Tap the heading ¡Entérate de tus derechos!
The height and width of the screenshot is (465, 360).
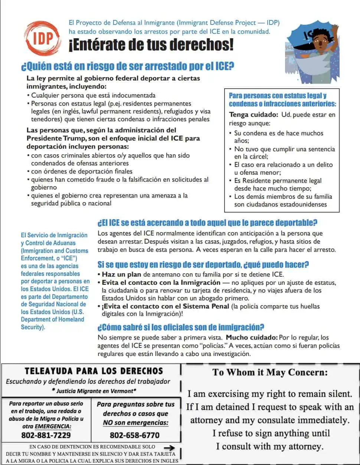[x=151, y=45]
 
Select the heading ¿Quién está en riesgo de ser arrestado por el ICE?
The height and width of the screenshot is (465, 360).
[x=128, y=67]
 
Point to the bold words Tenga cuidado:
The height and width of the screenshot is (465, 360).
[x=253, y=115]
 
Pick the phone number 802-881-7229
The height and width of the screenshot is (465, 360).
[x=46, y=435]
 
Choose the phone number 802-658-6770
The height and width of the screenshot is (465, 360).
[x=134, y=435]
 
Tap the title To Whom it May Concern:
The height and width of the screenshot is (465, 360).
[x=270, y=372]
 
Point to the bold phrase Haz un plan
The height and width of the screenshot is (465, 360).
[x=122, y=275]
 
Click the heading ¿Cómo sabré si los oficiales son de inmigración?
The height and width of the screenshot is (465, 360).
[x=181, y=327]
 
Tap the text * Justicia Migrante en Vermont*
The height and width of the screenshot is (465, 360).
[x=94, y=391]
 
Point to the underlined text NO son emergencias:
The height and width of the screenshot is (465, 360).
[x=135, y=422]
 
